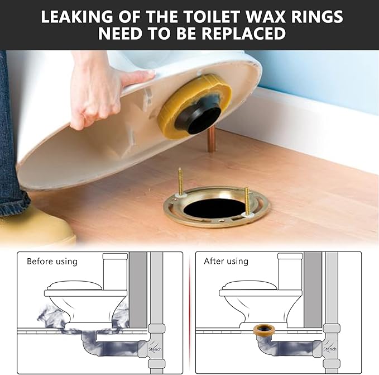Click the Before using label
click(x=52, y=261)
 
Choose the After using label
click(x=227, y=261)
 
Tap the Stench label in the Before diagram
click(x=155, y=349)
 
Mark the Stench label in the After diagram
click(x=330, y=349)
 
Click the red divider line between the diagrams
click(x=189, y=313)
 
